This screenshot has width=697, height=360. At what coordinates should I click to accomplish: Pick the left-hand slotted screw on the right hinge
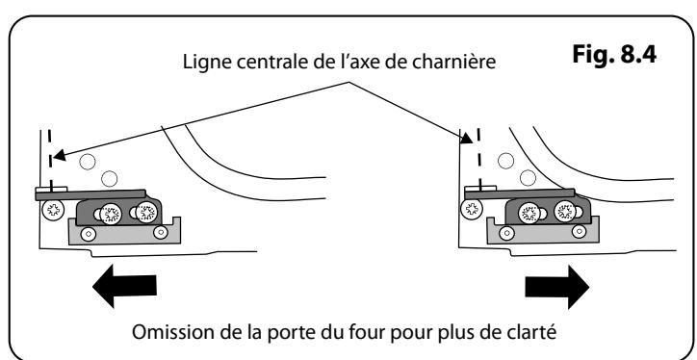[529, 213]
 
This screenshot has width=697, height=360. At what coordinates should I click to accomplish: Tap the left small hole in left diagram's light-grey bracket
[90, 233]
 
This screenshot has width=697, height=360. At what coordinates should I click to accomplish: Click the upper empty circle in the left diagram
[90, 162]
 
